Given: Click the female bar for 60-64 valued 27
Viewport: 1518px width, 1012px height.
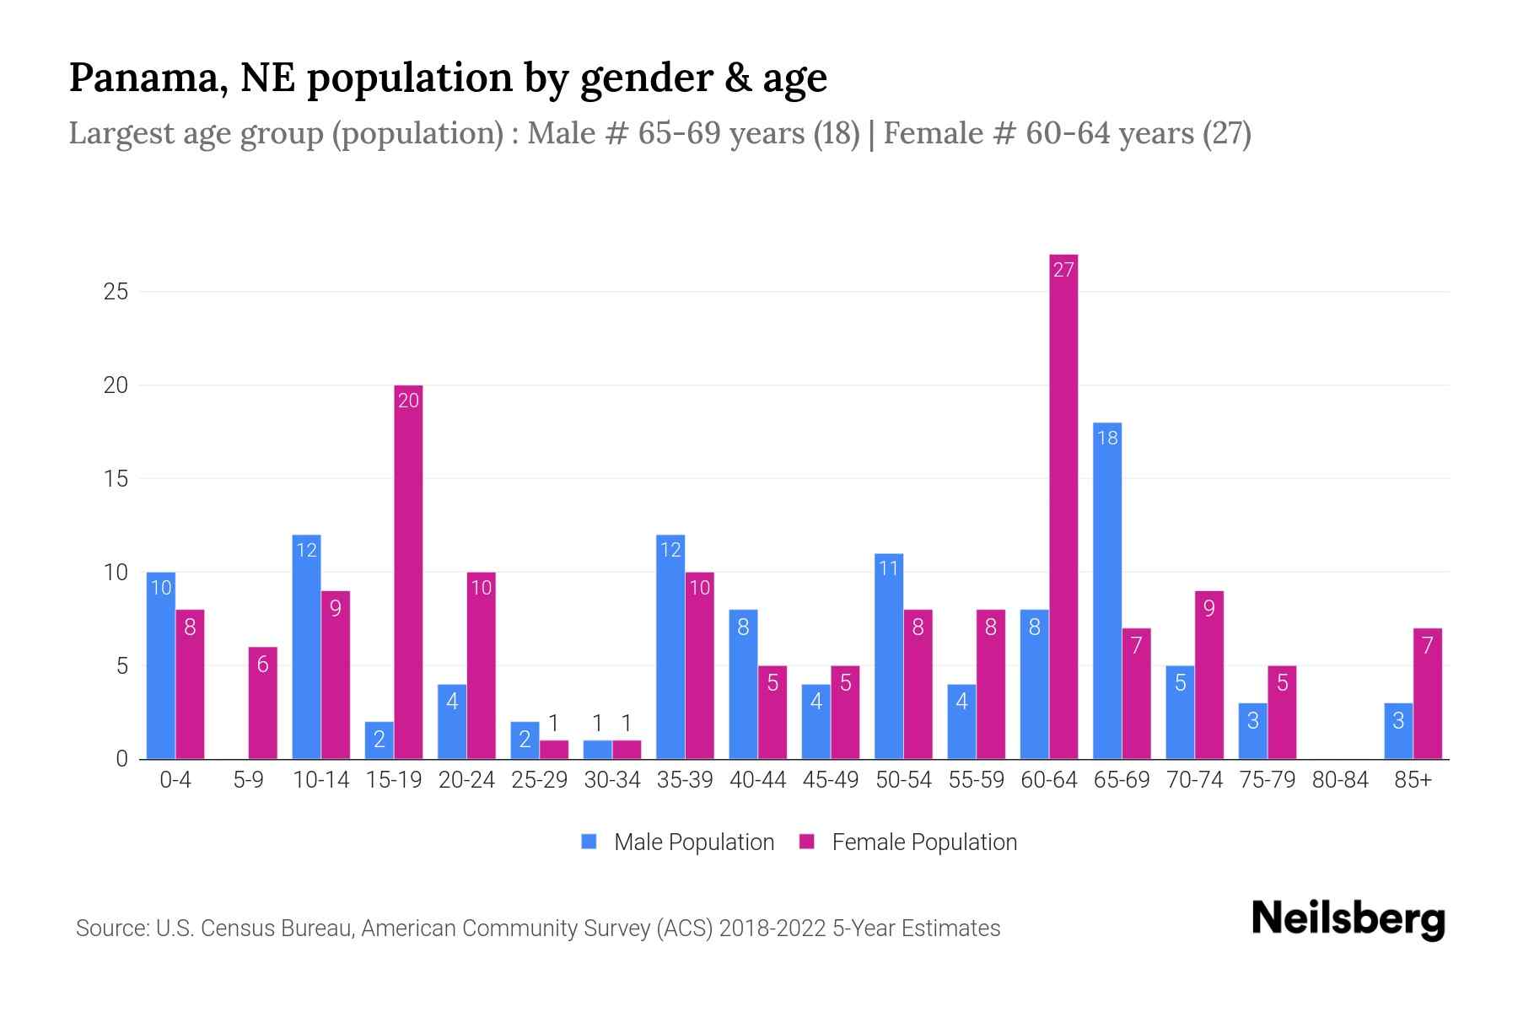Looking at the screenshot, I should pyautogui.click(x=1063, y=506).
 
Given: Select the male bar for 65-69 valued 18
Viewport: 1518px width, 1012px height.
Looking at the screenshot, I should pyautogui.click(x=1107, y=590).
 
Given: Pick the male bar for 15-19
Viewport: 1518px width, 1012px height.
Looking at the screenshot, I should pyautogui.click(x=379, y=740).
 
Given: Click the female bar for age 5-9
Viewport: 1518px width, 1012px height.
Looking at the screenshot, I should pyautogui.click(x=262, y=702).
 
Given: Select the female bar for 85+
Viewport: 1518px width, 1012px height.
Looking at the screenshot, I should pyautogui.click(x=1427, y=693).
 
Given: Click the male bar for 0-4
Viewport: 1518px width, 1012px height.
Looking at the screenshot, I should pyautogui.click(x=161, y=665).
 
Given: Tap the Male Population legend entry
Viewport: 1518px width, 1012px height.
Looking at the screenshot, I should pyautogui.click(x=678, y=842).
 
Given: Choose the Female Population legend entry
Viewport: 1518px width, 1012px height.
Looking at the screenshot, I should pyautogui.click(x=908, y=842).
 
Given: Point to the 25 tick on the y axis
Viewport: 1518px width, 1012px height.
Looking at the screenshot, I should pyautogui.click(x=116, y=292).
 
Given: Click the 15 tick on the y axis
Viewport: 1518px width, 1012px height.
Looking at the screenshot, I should pyautogui.click(x=116, y=479).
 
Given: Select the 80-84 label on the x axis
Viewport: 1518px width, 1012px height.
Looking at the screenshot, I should pyautogui.click(x=1340, y=780).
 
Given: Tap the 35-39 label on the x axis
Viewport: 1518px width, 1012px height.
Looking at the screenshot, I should pyautogui.click(x=685, y=780).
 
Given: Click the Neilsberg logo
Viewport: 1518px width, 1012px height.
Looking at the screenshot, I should pyautogui.click(x=1348, y=919).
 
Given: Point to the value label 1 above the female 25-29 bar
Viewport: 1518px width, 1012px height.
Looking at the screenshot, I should pyautogui.click(x=553, y=723).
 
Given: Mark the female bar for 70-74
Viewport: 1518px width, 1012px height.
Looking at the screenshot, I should pyautogui.click(x=1208, y=675).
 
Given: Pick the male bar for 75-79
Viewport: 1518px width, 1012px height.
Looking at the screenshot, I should pyautogui.click(x=1252, y=730).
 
